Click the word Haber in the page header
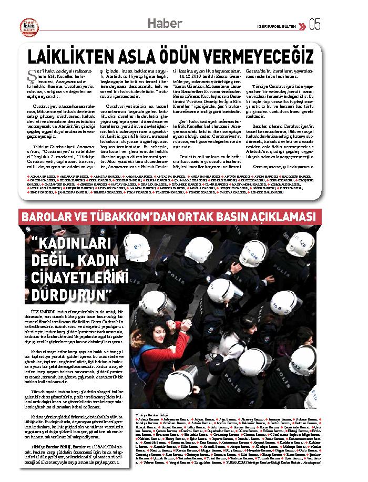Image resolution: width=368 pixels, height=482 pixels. pos(165,24)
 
